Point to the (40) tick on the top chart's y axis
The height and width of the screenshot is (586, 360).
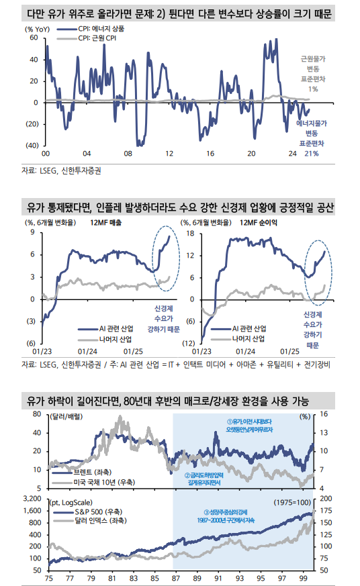[30, 146]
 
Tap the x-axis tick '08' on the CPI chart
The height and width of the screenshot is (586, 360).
[129, 154]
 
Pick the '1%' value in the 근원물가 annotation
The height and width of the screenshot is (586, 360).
[313, 89]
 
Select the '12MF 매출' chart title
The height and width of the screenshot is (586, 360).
[106, 222]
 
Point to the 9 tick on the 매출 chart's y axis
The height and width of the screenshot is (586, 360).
[32, 234]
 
